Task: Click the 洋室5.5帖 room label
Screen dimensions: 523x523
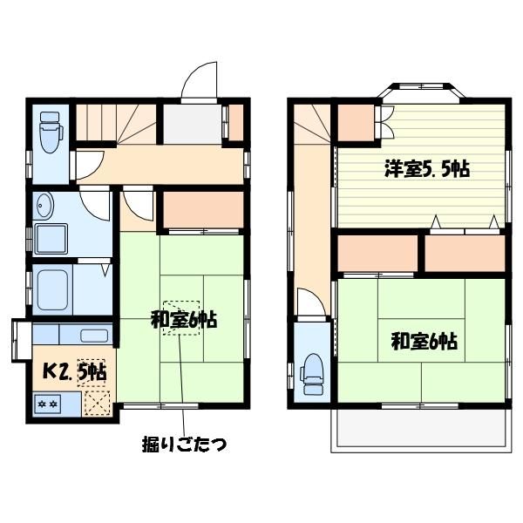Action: click(x=427, y=169)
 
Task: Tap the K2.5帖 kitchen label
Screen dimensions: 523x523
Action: click(x=75, y=371)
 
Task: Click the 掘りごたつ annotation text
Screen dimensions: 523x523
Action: click(x=185, y=444)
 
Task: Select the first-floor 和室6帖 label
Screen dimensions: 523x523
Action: click(x=184, y=320)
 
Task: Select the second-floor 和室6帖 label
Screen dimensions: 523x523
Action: click(x=424, y=341)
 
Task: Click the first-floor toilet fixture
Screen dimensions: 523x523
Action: click(x=51, y=132)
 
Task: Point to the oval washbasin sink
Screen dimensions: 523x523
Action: click(x=44, y=206)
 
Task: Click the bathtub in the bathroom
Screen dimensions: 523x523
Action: click(x=52, y=290)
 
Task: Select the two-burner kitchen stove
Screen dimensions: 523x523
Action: click(x=47, y=404)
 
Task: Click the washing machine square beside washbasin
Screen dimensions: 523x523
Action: click(x=51, y=239)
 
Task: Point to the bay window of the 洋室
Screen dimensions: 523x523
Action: click(x=421, y=90)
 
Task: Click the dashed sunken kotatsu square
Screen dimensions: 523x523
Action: click(x=181, y=318)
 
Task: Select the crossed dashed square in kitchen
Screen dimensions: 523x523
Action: click(x=97, y=404)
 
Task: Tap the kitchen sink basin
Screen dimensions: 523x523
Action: click(x=94, y=336)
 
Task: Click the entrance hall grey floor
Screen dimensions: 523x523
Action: click(x=192, y=124)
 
